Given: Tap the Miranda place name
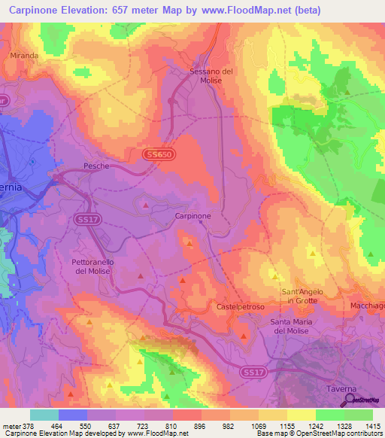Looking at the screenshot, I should coord(23,56).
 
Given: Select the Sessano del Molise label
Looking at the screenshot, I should coord(211,76).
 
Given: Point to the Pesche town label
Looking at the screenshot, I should coord(96,166).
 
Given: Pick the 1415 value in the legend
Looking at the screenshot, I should coord(374,425).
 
